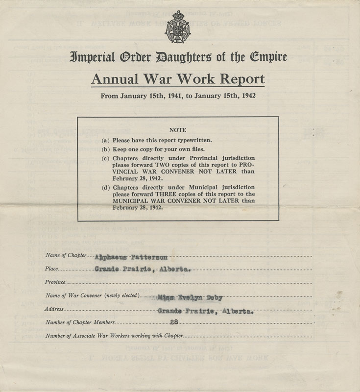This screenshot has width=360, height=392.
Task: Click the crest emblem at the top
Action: tap(180, 28)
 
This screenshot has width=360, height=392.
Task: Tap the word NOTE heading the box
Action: tap(177, 130)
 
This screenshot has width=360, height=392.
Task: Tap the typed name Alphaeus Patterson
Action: tap(131, 257)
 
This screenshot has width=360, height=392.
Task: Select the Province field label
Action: tap(55, 282)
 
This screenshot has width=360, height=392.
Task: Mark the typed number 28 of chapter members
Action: tap(173, 322)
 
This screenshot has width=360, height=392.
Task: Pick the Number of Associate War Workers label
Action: tap(114, 336)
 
